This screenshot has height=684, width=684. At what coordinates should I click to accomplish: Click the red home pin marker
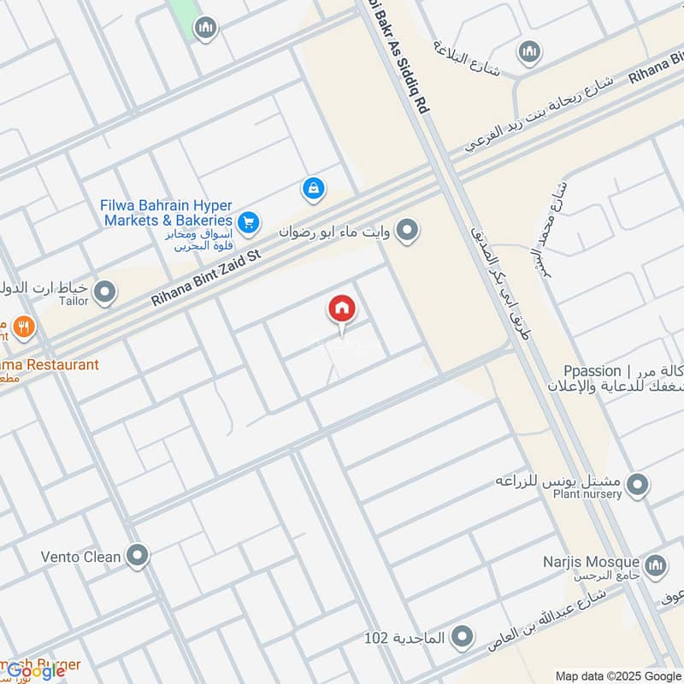coord(341,309)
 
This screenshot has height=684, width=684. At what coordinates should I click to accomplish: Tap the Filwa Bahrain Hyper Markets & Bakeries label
coord(168,213)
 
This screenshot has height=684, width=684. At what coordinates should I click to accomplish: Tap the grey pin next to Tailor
coord(105,293)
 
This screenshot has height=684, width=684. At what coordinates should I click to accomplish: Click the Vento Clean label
coord(80,557)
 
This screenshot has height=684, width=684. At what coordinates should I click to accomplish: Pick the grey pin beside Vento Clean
coord(136,557)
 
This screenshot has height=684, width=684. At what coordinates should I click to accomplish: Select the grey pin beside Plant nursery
coord(637,486)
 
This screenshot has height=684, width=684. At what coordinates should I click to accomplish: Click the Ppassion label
coord(592,370)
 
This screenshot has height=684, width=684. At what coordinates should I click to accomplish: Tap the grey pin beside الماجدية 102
coord(462,637)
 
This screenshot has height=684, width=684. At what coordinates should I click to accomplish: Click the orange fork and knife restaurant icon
coord(24,326)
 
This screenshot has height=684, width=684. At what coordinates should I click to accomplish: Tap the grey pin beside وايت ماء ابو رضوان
coord(409,230)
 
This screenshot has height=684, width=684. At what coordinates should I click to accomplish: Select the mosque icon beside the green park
coord(204,30)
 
